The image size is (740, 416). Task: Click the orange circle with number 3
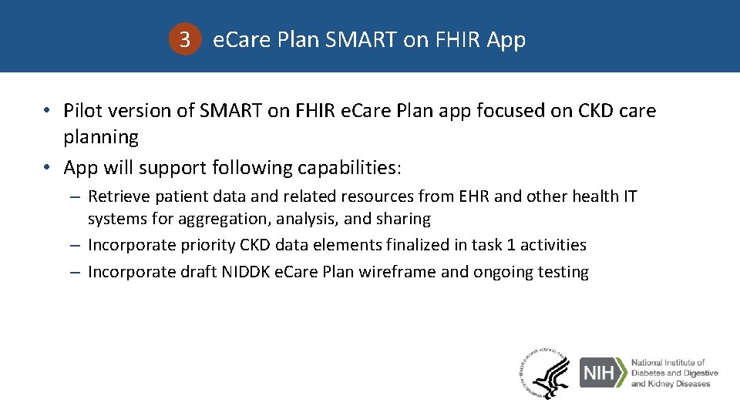[184, 40]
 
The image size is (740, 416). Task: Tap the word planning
[101, 138]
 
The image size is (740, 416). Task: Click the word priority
[205, 245]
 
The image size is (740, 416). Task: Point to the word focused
[510, 111]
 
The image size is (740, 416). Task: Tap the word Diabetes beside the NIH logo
[652, 373]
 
